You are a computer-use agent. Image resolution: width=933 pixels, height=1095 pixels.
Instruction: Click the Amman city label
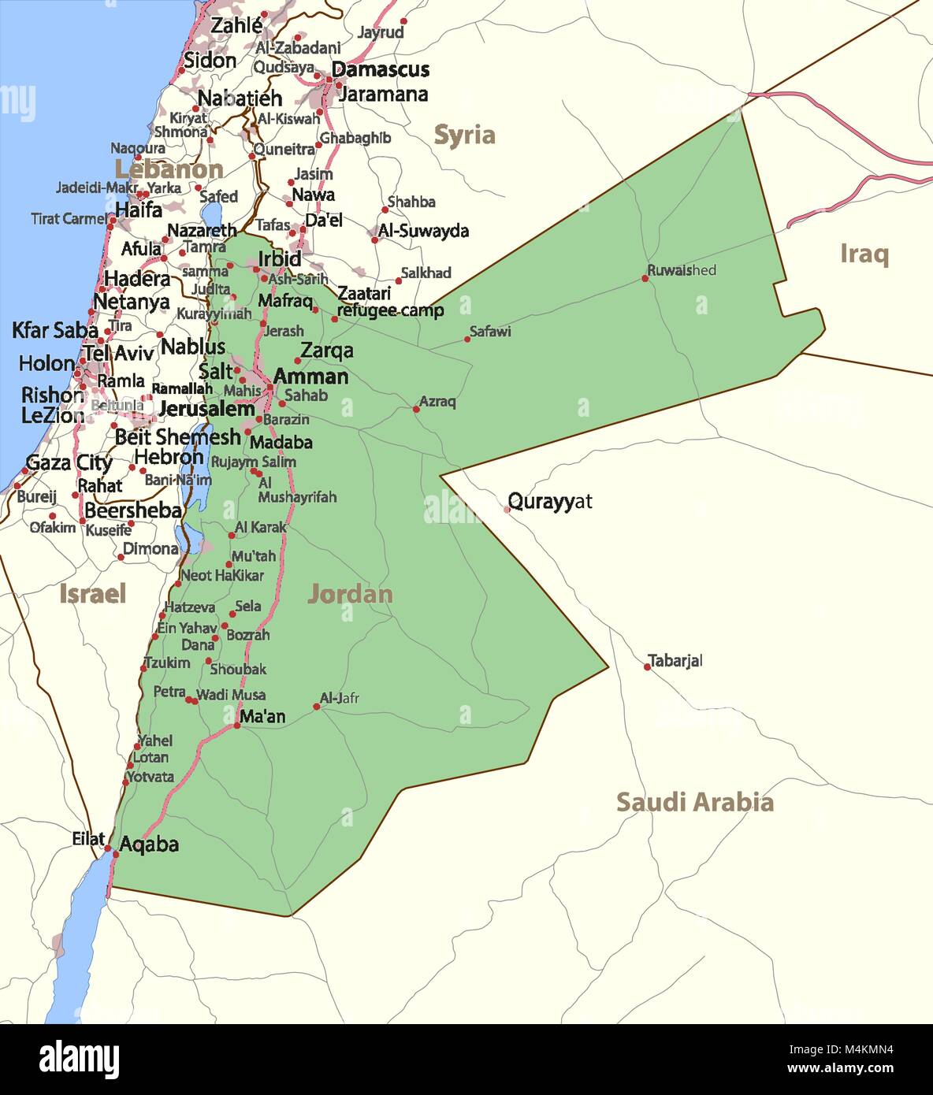(x=310, y=377)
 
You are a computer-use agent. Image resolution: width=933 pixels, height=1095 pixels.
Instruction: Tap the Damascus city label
(x=381, y=69)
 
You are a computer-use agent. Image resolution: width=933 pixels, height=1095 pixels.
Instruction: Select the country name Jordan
(x=350, y=594)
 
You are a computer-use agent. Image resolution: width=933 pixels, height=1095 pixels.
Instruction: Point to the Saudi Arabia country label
(x=694, y=802)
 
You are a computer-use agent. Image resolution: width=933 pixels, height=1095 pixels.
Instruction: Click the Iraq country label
(x=864, y=254)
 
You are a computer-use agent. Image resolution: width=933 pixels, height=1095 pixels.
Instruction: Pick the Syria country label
(x=464, y=135)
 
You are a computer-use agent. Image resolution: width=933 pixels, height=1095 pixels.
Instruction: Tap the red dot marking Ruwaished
(x=645, y=278)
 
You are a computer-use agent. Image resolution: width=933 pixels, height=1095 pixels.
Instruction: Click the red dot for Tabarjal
(x=648, y=667)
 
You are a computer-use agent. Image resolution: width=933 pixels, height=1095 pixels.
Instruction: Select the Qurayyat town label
(x=549, y=501)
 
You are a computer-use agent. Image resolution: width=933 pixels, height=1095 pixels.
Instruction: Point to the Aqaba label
(x=149, y=844)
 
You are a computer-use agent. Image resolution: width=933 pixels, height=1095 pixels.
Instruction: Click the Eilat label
(x=88, y=839)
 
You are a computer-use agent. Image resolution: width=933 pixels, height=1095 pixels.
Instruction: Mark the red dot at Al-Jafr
(x=317, y=707)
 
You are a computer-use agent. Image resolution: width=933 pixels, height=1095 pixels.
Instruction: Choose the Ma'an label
(x=262, y=716)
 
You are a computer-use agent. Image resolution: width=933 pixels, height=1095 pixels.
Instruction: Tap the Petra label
(x=169, y=692)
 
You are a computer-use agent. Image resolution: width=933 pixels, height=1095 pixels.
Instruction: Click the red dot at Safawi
(x=467, y=340)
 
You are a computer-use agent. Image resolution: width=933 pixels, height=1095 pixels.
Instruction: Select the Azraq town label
(x=437, y=401)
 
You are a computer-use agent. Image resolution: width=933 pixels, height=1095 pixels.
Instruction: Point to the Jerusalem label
(x=206, y=409)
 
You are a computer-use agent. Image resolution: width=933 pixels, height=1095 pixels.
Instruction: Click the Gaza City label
(x=69, y=462)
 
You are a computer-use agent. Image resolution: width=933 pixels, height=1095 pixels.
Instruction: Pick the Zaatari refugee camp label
(x=390, y=302)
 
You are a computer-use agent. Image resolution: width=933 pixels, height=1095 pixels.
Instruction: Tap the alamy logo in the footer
(x=79, y=1059)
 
